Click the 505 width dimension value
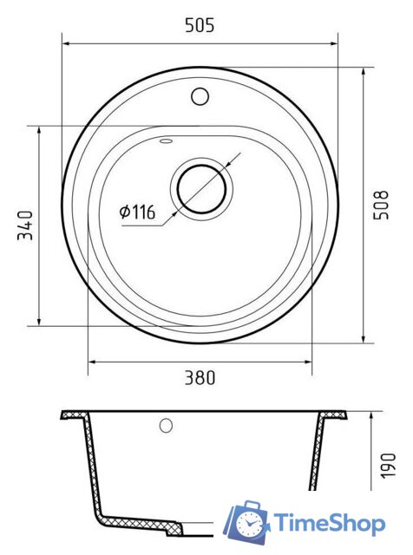[200, 25]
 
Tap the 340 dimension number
[25, 225]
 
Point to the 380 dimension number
[200, 377]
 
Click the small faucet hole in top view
[200, 95]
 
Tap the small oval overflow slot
[167, 139]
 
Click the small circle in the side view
[166, 426]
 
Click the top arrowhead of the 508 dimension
[364, 68]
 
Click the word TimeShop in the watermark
[329, 523]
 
